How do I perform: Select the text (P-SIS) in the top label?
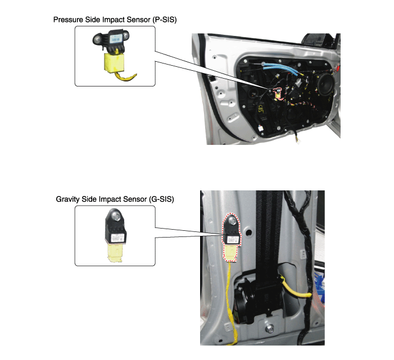point(165,20)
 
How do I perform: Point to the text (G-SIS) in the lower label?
point(161,199)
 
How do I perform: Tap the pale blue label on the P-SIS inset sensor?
point(116,39)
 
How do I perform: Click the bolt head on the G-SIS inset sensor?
point(115,215)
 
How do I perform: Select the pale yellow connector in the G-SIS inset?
point(115,253)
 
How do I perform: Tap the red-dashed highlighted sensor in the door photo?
point(278,94)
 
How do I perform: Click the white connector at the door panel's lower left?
point(261,128)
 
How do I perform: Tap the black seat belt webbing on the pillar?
point(269,236)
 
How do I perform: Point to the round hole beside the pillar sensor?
point(248,233)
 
